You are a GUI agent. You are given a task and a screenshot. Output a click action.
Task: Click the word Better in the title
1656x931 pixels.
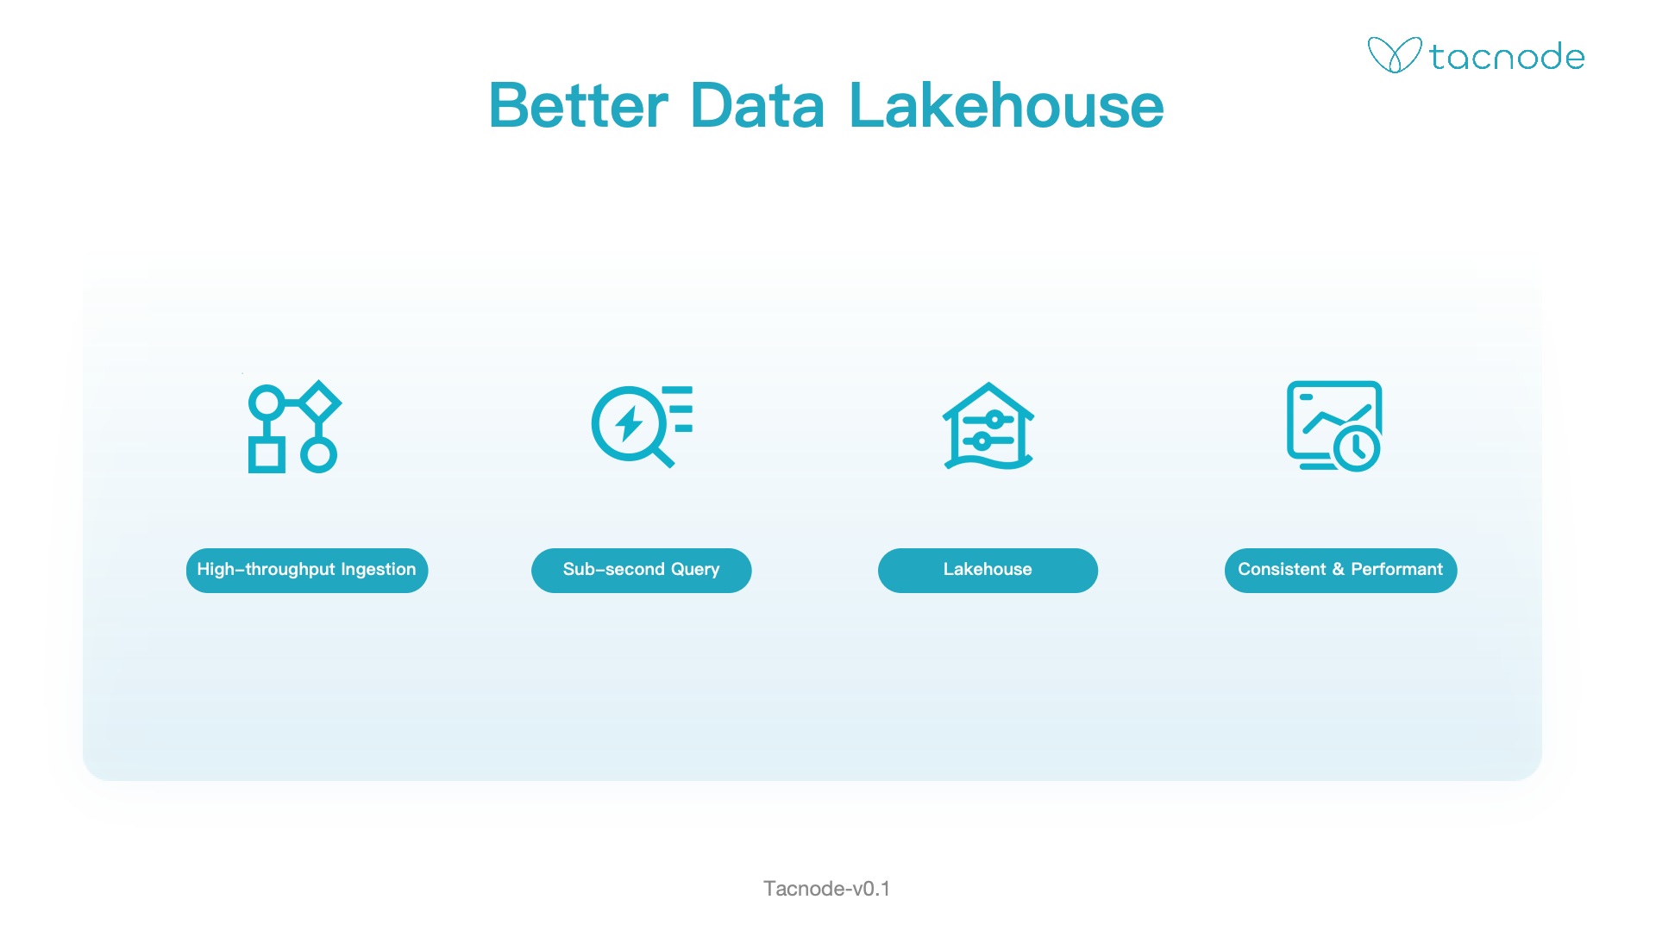[579, 106]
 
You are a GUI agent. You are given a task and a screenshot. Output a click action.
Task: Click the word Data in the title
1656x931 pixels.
[757, 106]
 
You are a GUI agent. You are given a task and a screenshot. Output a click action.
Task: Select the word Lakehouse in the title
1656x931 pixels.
[1007, 106]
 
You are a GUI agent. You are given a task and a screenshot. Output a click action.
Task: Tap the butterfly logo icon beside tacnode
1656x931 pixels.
[1395, 55]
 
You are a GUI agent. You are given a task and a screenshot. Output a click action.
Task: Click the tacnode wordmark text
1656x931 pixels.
[1507, 57]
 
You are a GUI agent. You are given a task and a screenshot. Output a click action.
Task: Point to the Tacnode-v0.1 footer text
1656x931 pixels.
[826, 889]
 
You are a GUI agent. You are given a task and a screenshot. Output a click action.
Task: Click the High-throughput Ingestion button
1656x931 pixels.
[307, 570]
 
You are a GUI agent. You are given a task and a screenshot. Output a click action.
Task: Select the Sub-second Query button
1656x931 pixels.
[642, 570]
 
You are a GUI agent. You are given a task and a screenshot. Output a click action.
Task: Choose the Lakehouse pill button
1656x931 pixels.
[988, 570]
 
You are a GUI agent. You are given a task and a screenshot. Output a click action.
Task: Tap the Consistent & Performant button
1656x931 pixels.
[1340, 570]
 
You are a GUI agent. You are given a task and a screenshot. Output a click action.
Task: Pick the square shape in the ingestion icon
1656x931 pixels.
[267, 455]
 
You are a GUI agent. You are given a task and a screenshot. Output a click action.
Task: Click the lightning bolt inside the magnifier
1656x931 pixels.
[629, 423]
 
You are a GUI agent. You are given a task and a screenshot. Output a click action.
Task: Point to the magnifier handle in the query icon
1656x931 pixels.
[663, 457]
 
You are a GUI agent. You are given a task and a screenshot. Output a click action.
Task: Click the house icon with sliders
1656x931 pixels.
[988, 426]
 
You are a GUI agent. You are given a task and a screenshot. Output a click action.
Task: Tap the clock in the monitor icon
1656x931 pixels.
[1357, 448]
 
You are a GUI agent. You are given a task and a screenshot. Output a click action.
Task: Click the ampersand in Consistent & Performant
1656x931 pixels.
[1339, 569]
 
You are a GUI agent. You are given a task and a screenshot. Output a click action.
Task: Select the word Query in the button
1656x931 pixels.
[695, 570]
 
